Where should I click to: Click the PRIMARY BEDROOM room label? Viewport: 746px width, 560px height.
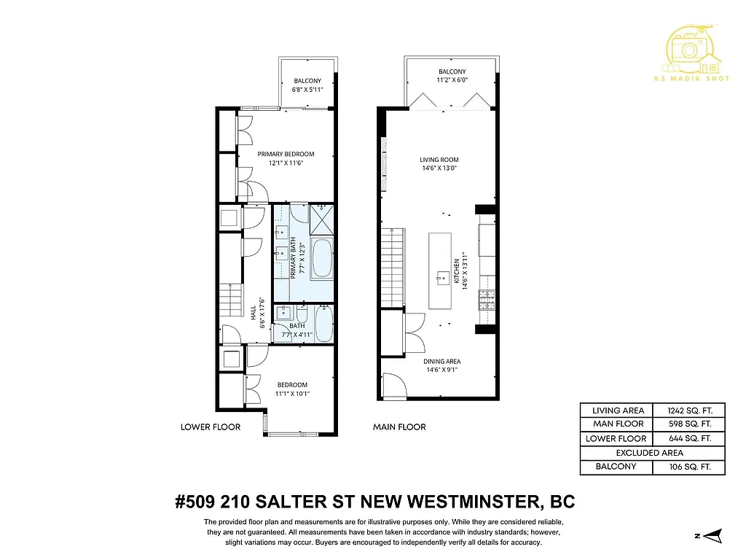click(286, 154)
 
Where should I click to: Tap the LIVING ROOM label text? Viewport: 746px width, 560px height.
click(439, 160)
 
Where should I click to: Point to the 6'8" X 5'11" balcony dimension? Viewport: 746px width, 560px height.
click(307, 90)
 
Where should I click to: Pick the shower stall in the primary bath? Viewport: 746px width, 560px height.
click(321, 217)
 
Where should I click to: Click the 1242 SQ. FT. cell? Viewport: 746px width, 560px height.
click(688, 410)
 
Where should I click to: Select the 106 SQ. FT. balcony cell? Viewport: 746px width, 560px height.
click(688, 467)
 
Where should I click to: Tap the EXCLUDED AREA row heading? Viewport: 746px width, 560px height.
click(652, 453)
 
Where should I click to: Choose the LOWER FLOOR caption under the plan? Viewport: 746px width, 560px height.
click(210, 427)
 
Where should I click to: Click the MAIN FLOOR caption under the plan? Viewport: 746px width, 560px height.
click(399, 427)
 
